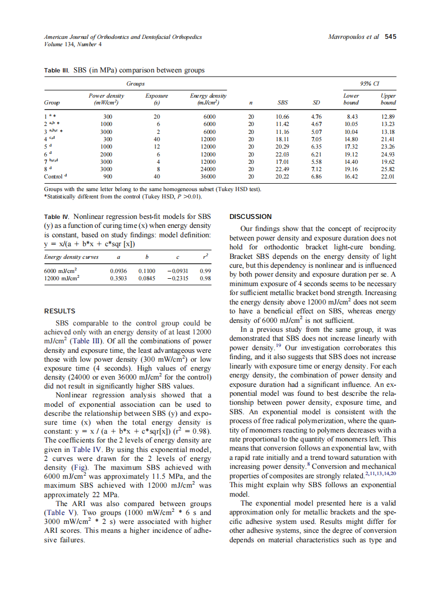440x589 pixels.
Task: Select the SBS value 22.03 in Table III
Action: coord(282,155)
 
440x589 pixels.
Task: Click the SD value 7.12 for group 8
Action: coord(316,170)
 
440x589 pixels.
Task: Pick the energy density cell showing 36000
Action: coord(209,177)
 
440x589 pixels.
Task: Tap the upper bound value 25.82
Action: coord(389,170)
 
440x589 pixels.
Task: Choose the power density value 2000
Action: coord(107,155)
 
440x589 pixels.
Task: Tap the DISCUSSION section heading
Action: coord(251,216)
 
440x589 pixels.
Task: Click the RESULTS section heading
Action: coord(60,311)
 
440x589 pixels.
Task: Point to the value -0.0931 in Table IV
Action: coord(178,271)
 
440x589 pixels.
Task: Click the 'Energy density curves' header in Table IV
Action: coord(71,257)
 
